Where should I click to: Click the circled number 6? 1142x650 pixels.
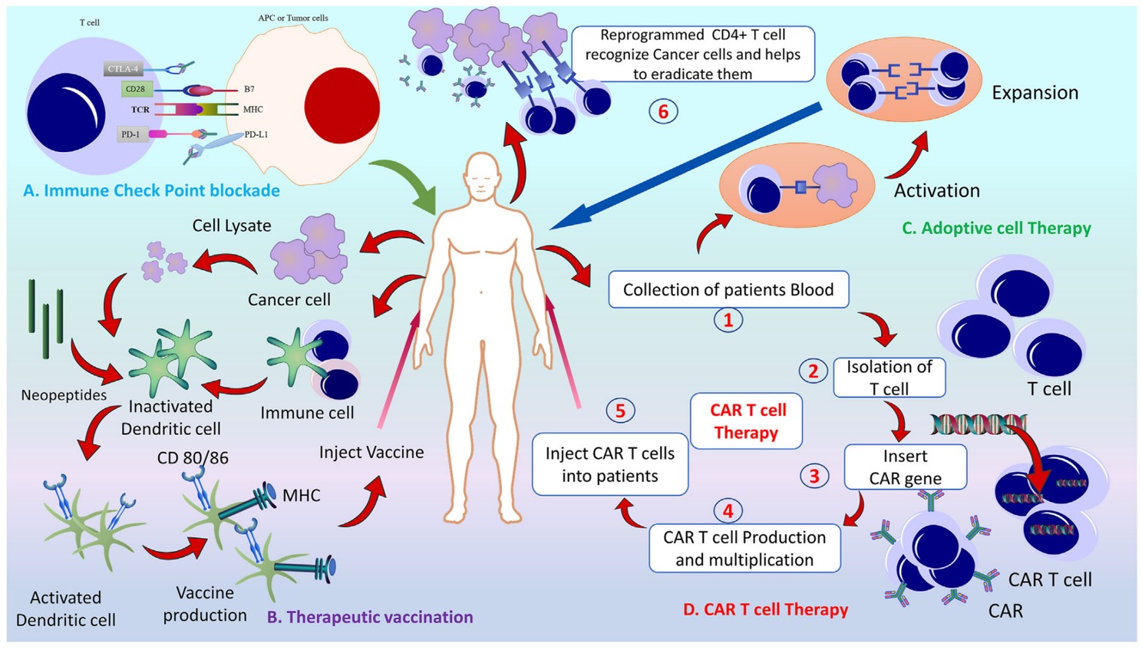[663, 111]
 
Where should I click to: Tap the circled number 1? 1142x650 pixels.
[728, 319]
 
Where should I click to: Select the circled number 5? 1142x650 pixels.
[620, 411]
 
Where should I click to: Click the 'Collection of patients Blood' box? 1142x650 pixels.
[728, 289]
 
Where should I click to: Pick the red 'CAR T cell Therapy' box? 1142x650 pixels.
[746, 421]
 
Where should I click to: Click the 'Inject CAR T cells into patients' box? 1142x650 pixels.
[609, 464]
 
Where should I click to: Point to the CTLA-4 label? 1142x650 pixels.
[123, 69]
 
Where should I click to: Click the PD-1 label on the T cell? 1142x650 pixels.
[130, 134]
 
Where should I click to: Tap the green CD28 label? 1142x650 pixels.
[135, 89]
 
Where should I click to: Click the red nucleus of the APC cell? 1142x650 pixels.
[342, 106]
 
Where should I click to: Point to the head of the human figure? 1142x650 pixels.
[483, 177]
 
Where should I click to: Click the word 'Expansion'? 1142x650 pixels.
[1035, 93]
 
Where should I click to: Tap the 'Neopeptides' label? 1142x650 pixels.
[64, 395]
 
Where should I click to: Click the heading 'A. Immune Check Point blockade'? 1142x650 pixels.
[151, 190]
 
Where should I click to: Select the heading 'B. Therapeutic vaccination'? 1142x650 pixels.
[370, 617]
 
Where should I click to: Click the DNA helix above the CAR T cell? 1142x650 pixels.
[978, 424]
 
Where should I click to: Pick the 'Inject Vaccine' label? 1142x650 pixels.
[371, 452]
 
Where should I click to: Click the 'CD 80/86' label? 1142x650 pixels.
[193, 458]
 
